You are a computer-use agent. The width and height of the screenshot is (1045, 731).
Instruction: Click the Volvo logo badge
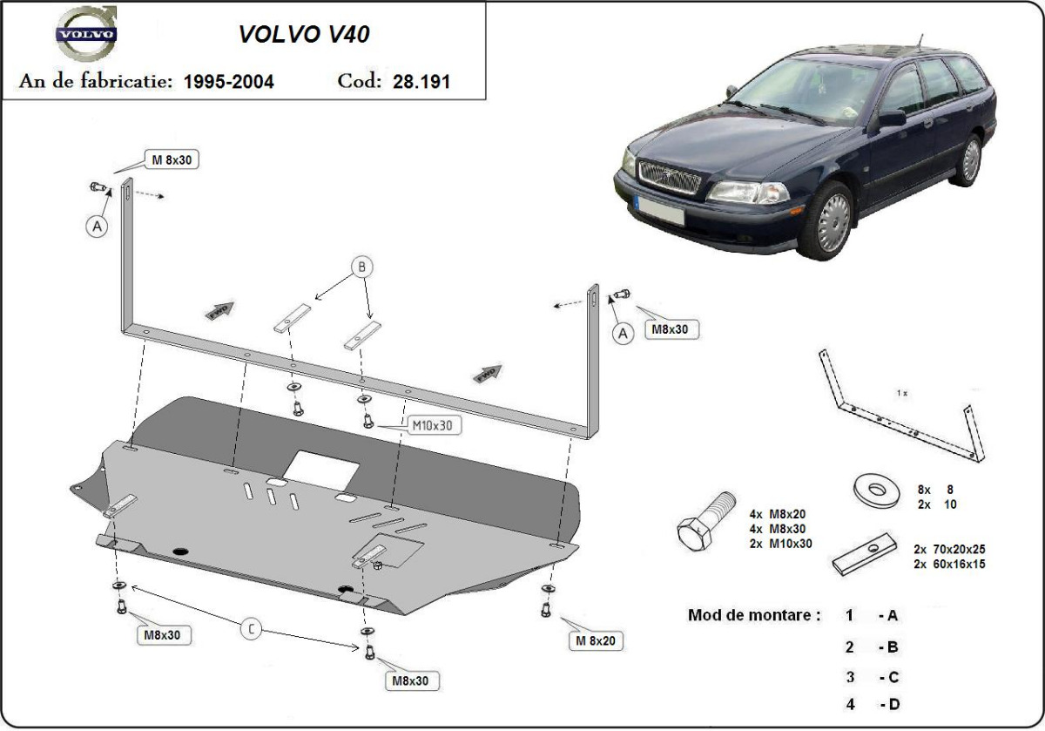pyautogui.click(x=85, y=36)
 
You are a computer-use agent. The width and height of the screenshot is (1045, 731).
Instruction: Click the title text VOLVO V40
pyautogui.click(x=304, y=34)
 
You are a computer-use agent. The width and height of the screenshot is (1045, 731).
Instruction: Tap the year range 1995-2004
pyautogui.click(x=229, y=82)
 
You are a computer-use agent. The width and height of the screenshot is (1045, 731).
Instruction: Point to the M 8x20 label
pyautogui.click(x=595, y=642)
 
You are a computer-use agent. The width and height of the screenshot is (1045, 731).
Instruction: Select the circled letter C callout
pyautogui.click(x=251, y=629)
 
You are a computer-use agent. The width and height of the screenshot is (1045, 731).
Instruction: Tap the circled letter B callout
pyautogui.click(x=362, y=267)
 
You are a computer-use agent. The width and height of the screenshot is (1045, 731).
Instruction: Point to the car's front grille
pyautogui.click(x=669, y=180)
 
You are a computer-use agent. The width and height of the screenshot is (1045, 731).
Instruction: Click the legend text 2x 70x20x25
pyautogui.click(x=948, y=550)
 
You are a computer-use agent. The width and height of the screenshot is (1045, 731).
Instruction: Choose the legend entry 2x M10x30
pyautogui.click(x=779, y=543)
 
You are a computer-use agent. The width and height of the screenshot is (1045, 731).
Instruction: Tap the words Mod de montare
pyautogui.click(x=754, y=615)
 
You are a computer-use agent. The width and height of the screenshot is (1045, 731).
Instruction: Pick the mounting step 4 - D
pyautogui.click(x=872, y=703)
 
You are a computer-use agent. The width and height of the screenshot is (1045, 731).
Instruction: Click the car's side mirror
pyautogui.click(x=892, y=117)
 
